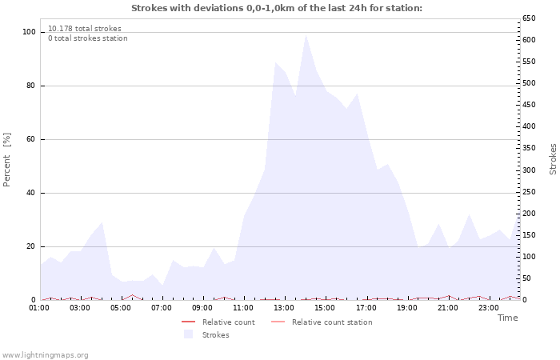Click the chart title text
[277, 8]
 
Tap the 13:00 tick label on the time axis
[284, 308]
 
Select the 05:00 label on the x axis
[120, 308]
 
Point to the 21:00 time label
[447, 308]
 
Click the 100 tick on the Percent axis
[29, 32]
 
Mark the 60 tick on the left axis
[30, 139]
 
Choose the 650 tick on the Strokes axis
[529, 18]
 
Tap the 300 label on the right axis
[529, 170]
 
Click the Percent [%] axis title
[6, 160]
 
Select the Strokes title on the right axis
[553, 159]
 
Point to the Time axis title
[507, 318]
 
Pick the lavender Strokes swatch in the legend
[188, 334]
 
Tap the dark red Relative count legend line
[188, 322]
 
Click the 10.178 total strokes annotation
[85, 29]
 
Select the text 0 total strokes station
[88, 38]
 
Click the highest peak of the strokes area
[306, 34]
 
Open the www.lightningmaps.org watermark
[45, 355]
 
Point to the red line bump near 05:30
[132, 295]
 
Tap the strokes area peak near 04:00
[102, 222]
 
